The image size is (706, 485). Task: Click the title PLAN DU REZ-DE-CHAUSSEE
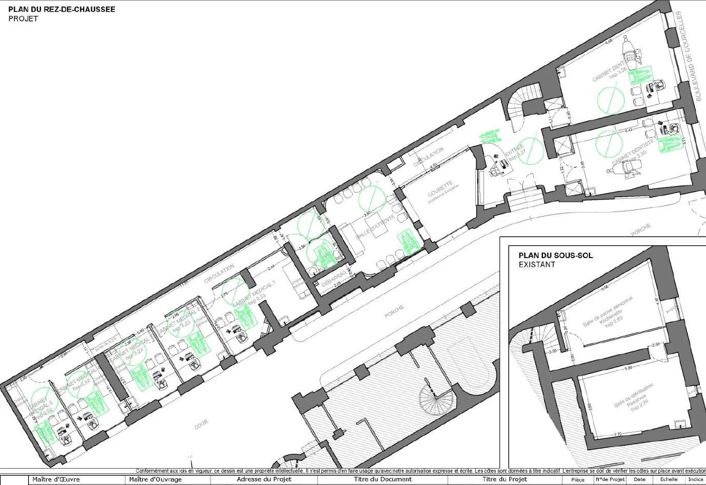pyautogui.click(x=62, y=9)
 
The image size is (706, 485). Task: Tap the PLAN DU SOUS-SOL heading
pyautogui.click(x=555, y=256)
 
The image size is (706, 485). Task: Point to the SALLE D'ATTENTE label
pyautogui.click(x=375, y=226)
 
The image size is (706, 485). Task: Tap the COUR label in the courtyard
pyautogui.click(x=201, y=425)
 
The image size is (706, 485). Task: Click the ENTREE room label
pyautogui.click(x=514, y=151)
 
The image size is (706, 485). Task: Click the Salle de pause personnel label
pyautogui.click(x=608, y=311)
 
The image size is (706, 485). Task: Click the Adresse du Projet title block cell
pyautogui.click(x=264, y=480)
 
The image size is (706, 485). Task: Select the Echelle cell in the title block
pyautogui.click(x=669, y=480)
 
